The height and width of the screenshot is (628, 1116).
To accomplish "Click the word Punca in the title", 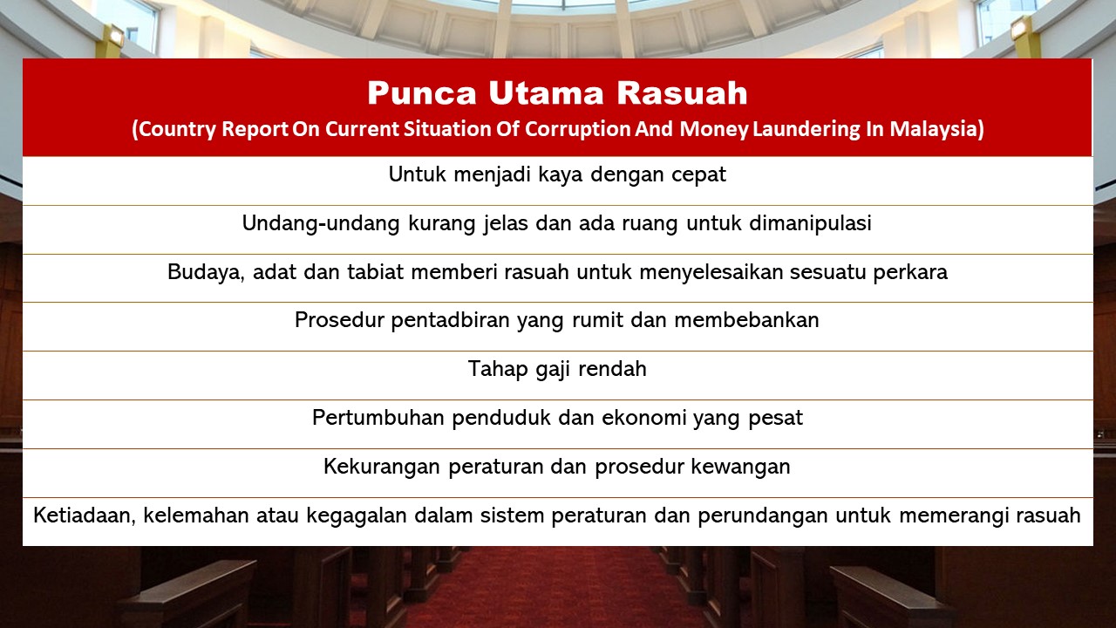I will coord(412,92).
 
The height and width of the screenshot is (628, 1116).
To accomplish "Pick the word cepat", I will coord(698,174).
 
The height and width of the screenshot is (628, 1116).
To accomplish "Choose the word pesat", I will coord(776,418).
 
